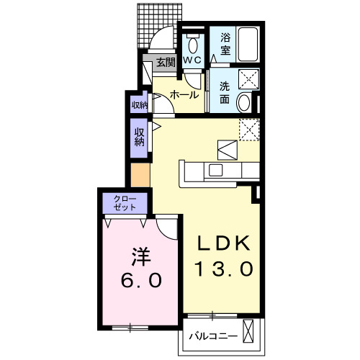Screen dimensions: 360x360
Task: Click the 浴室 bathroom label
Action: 225,45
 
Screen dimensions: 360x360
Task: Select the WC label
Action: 192,60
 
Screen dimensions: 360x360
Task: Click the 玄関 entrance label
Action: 166,62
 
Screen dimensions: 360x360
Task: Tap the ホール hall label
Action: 185,94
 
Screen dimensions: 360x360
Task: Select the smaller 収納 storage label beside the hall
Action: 139,105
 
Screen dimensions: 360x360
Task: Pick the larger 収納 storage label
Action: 140,136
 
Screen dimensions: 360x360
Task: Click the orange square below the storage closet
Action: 139,174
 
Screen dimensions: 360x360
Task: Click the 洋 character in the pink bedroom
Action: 140,256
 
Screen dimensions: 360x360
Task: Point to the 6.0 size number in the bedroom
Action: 141,279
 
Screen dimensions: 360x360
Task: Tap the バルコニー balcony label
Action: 211,335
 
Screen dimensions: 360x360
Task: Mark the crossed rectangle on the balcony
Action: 249,333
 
